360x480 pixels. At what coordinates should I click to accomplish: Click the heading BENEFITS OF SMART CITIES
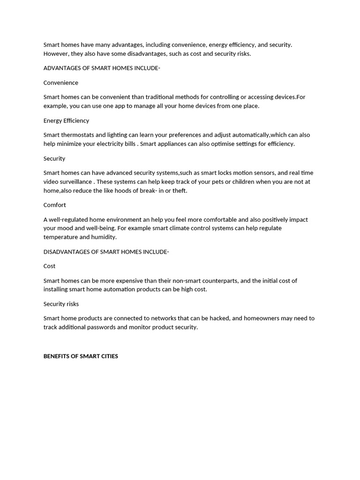tap(81, 356)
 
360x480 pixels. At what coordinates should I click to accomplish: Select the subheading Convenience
tap(61, 82)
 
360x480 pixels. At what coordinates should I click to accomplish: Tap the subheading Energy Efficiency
tap(66, 120)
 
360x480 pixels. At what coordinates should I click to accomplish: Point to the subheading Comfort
tap(55, 205)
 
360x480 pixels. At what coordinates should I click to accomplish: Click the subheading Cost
tap(49, 266)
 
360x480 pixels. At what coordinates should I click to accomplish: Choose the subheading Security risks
tap(61, 304)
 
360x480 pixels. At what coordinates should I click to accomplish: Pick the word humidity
tap(103, 237)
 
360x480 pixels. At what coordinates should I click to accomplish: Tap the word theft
tap(179, 191)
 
